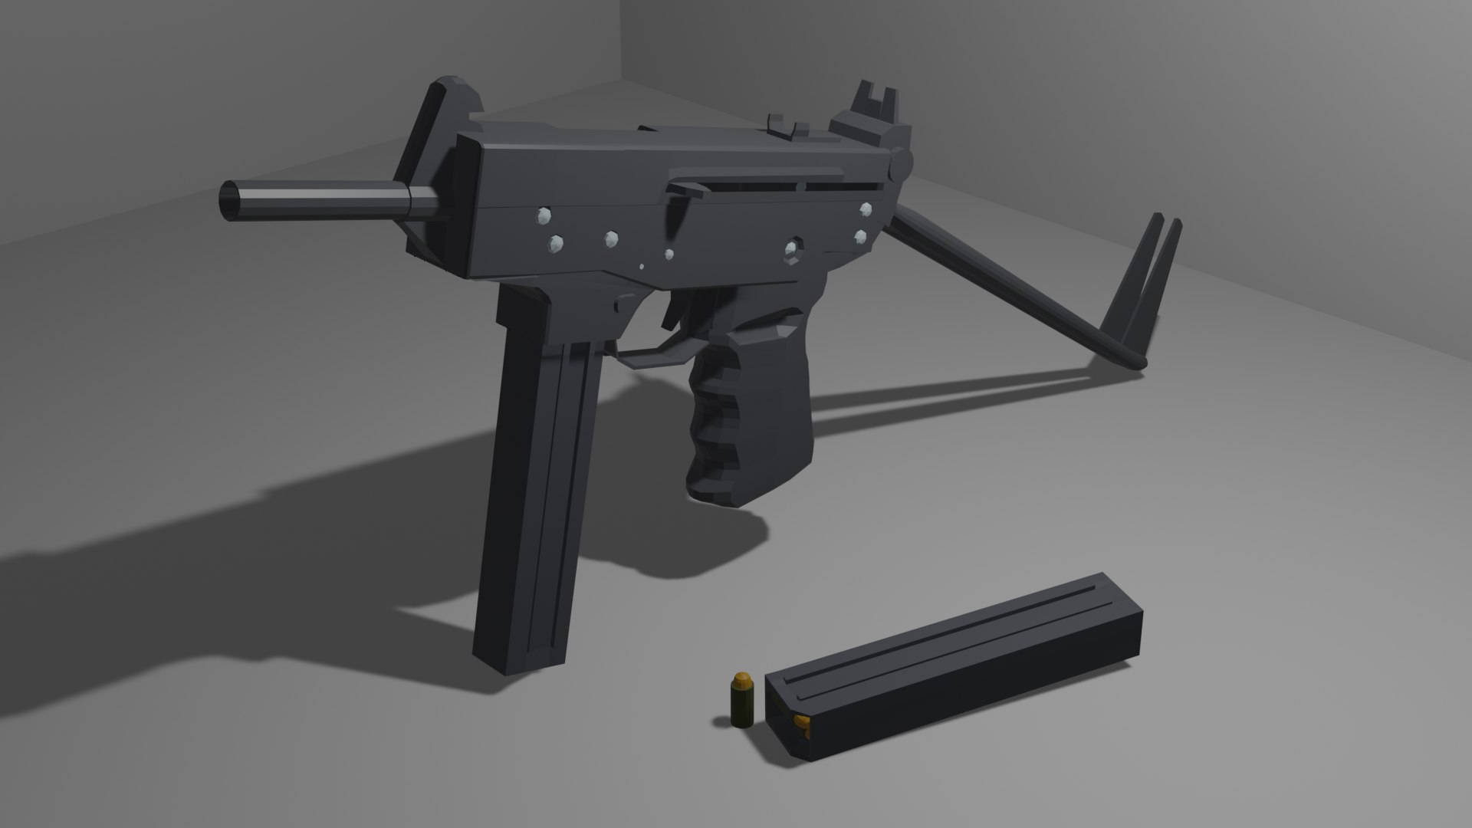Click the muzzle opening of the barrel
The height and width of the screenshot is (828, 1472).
230,202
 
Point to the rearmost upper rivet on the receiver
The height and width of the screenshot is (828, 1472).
866,209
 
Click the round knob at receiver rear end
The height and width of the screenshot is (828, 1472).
902,163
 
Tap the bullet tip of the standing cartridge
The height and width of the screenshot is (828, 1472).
741,678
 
